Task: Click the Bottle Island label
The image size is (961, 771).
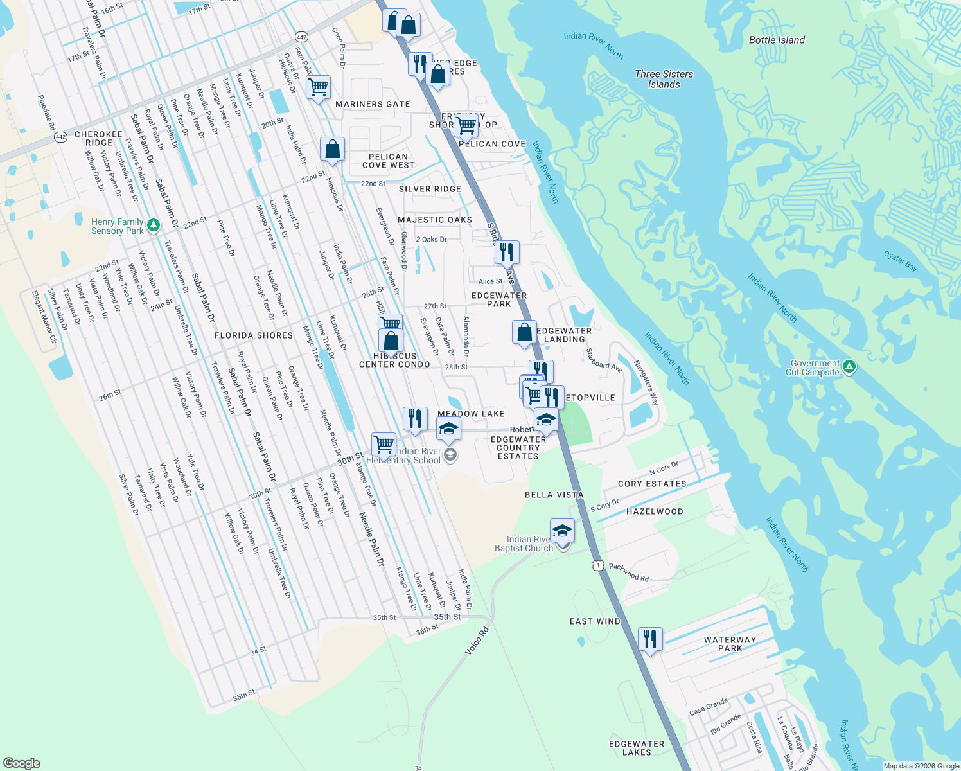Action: pos(777,40)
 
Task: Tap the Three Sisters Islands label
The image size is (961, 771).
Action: pos(664,79)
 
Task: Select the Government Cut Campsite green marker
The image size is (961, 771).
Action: pos(849,367)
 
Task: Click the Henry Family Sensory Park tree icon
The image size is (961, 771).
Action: pos(153,225)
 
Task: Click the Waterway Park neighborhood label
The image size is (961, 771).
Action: pos(730,644)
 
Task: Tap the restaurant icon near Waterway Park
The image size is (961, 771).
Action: pos(650,639)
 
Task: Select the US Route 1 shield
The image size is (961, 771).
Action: pos(598,565)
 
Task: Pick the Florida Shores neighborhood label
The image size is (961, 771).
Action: pos(254,335)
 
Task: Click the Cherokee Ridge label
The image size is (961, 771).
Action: pos(98,139)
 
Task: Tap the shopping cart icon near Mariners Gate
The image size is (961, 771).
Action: pos(319,87)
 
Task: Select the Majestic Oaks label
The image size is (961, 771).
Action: pos(435,220)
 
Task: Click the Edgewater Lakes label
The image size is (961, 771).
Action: pos(637,748)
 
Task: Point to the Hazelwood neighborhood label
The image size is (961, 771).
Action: pos(655,511)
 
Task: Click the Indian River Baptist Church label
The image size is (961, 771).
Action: pos(525,544)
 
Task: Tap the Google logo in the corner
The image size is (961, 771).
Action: pos(21,763)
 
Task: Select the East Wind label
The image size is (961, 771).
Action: pos(595,621)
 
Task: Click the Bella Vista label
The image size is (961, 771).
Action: pos(554,495)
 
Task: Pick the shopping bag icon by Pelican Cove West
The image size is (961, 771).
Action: pos(333,149)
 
